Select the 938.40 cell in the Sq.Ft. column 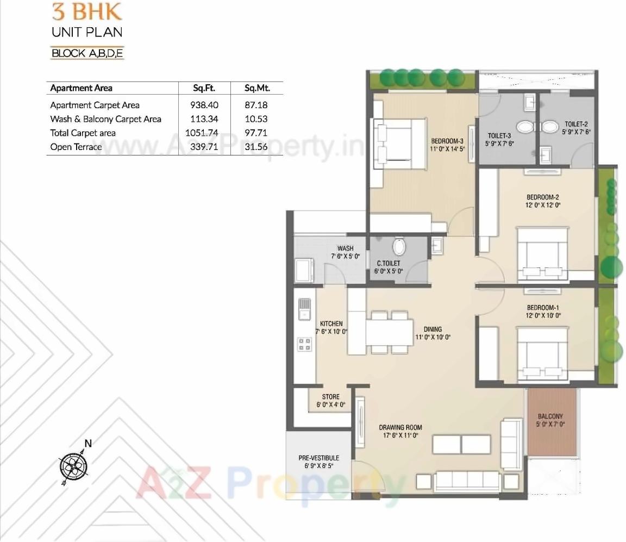point(203,105)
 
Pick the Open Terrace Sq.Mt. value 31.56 point(256,147)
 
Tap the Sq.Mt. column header point(256,88)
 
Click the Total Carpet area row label point(83,133)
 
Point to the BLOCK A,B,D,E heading point(87,53)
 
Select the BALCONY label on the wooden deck point(550,416)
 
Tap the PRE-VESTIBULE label point(318,458)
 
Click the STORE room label point(330,397)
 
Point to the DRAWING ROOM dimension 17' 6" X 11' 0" point(400,435)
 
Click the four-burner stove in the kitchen point(305,344)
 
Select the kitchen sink point(305,309)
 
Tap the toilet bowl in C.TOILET point(399,247)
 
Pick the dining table point(389,333)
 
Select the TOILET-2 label point(576,124)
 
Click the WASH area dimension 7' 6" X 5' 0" point(345,256)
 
